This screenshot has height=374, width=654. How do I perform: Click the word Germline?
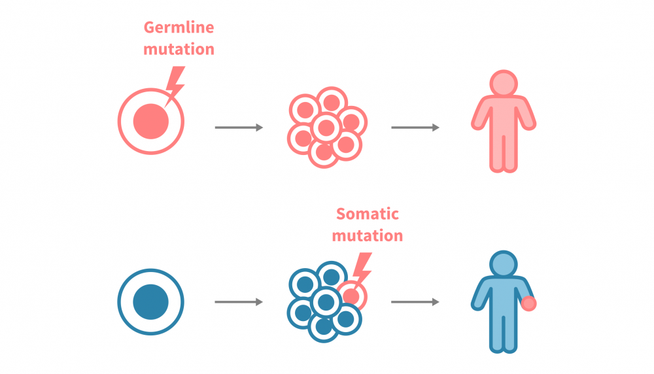click(x=179, y=28)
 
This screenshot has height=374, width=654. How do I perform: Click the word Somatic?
click(x=367, y=214)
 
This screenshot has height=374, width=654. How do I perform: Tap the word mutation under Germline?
click(x=179, y=49)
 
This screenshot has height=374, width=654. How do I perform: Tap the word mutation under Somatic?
click(x=367, y=235)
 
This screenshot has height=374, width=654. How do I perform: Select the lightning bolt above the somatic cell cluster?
click(x=362, y=267)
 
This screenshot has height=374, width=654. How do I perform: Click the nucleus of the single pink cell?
click(x=151, y=121)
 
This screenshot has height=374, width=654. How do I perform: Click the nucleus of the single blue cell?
click(x=151, y=302)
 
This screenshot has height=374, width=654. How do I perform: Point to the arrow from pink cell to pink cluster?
click(x=239, y=127)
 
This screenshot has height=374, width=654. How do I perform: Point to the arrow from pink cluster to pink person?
click(x=415, y=127)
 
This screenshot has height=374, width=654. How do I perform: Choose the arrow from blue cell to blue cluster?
click(x=239, y=302)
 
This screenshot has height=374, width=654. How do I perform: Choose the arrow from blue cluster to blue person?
click(x=415, y=302)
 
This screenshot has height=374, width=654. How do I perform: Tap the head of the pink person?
click(x=504, y=84)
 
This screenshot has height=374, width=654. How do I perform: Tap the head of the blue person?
click(x=504, y=265)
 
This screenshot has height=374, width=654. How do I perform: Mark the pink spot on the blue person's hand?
click(x=529, y=303)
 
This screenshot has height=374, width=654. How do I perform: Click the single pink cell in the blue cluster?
click(x=352, y=296)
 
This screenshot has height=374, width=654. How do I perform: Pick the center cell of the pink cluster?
click(x=326, y=127)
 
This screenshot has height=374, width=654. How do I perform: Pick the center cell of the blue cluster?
click(x=326, y=301)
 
